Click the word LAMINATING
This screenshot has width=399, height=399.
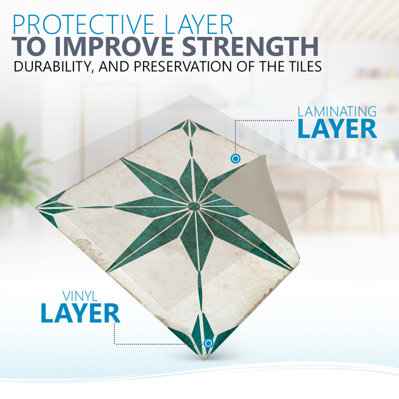[x=337, y=111]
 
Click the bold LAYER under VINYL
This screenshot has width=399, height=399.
[x=80, y=314]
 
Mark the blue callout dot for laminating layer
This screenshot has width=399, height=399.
[x=235, y=158]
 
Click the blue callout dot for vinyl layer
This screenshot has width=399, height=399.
[x=209, y=343]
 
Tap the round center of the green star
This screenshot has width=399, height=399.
[x=194, y=207]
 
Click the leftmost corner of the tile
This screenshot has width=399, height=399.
[x=37, y=209]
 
